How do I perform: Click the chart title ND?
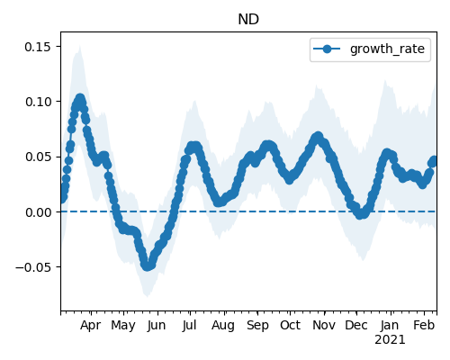coord(248,20)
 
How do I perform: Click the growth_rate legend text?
coord(387,49)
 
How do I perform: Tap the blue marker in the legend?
coord(327,49)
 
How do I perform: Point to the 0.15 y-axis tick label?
coord(38,47)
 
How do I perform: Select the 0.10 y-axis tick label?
coord(38,102)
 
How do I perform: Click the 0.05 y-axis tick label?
coord(38,157)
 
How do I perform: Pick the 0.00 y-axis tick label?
coord(38,212)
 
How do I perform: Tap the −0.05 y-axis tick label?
coord(33,267)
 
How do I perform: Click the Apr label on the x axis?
coord(90,326)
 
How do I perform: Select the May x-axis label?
coord(123,326)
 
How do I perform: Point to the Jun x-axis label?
coord(157,326)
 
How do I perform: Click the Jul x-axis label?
coord(189,326)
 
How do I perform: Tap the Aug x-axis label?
coord(223,326)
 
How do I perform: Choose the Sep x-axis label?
coord(257,326)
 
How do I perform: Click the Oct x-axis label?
coord(290,326)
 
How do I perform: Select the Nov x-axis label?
coord(324,326)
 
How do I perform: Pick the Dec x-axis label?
coord(356,326)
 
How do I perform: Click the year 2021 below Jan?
coord(390,340)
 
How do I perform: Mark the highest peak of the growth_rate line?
coord(80,98)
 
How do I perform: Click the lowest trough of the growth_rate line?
coord(147,266)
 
